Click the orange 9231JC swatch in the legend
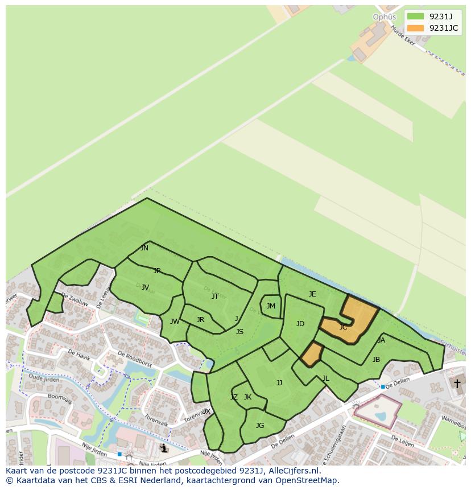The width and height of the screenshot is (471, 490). tap(415, 28)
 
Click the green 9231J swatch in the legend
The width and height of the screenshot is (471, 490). tap(415, 16)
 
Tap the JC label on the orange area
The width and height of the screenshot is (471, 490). tap(343, 327)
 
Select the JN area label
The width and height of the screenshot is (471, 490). tap(144, 248)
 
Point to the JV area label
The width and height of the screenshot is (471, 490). tap(145, 287)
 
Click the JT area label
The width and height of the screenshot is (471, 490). tap(215, 296)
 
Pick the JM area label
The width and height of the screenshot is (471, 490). tap(271, 306)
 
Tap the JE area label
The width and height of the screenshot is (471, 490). tap(312, 294)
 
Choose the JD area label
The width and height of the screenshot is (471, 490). tap(300, 324)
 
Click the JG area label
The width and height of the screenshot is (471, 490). tap(260, 425)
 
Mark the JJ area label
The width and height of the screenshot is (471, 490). tap(279, 383)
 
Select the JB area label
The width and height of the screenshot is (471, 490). tap(376, 360)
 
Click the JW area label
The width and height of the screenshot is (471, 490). tap(175, 322)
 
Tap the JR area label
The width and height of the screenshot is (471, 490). tap(200, 320)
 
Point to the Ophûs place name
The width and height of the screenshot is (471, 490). tap(384, 17)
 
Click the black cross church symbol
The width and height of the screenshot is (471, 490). tap(456, 384)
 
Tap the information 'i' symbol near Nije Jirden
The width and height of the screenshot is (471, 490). tap(164, 448)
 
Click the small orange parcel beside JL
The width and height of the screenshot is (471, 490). tap(311, 355)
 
